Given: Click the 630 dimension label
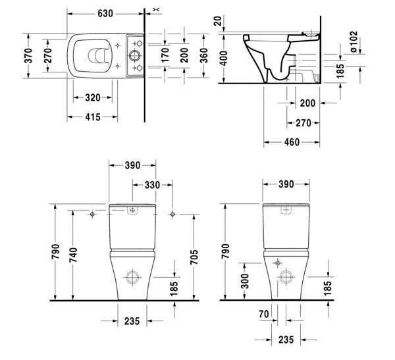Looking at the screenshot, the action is click(x=105, y=14).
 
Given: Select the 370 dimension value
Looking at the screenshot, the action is click(x=28, y=56).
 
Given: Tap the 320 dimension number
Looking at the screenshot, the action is click(x=93, y=97).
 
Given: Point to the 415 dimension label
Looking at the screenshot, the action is click(x=93, y=117).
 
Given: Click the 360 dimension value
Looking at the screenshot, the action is click(x=204, y=55).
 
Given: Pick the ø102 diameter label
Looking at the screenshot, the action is click(x=354, y=41).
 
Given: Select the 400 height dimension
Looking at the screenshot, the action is click(x=223, y=58).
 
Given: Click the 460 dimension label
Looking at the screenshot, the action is click(x=292, y=142).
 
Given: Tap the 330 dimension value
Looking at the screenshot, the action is click(x=152, y=185).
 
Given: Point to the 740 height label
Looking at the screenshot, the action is click(x=73, y=255).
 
